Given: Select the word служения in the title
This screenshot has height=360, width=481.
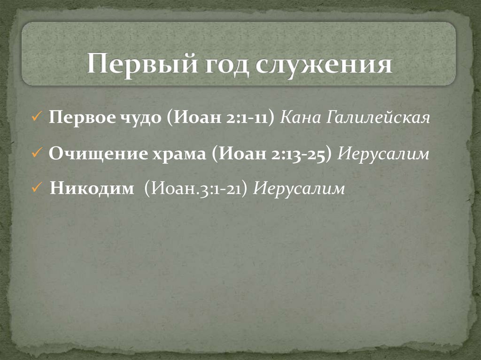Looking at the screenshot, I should pos(324,65).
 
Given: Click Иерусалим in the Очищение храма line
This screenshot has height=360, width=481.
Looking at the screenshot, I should pos(384,153).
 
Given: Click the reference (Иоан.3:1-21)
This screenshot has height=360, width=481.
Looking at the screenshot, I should pos(196,189).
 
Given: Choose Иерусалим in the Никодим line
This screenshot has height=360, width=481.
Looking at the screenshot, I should pos(299,189).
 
